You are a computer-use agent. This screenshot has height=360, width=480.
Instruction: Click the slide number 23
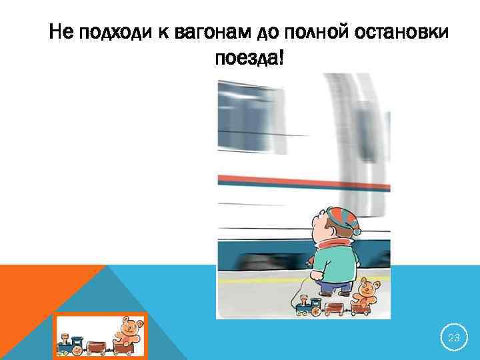(x=454, y=339)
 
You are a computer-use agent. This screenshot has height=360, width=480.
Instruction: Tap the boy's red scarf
(x=332, y=243)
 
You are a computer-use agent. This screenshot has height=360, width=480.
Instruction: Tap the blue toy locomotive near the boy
(x=307, y=306)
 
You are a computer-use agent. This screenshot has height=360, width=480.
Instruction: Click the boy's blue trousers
(x=333, y=287)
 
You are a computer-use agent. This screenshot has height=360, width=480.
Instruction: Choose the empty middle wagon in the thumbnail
(x=98, y=345)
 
